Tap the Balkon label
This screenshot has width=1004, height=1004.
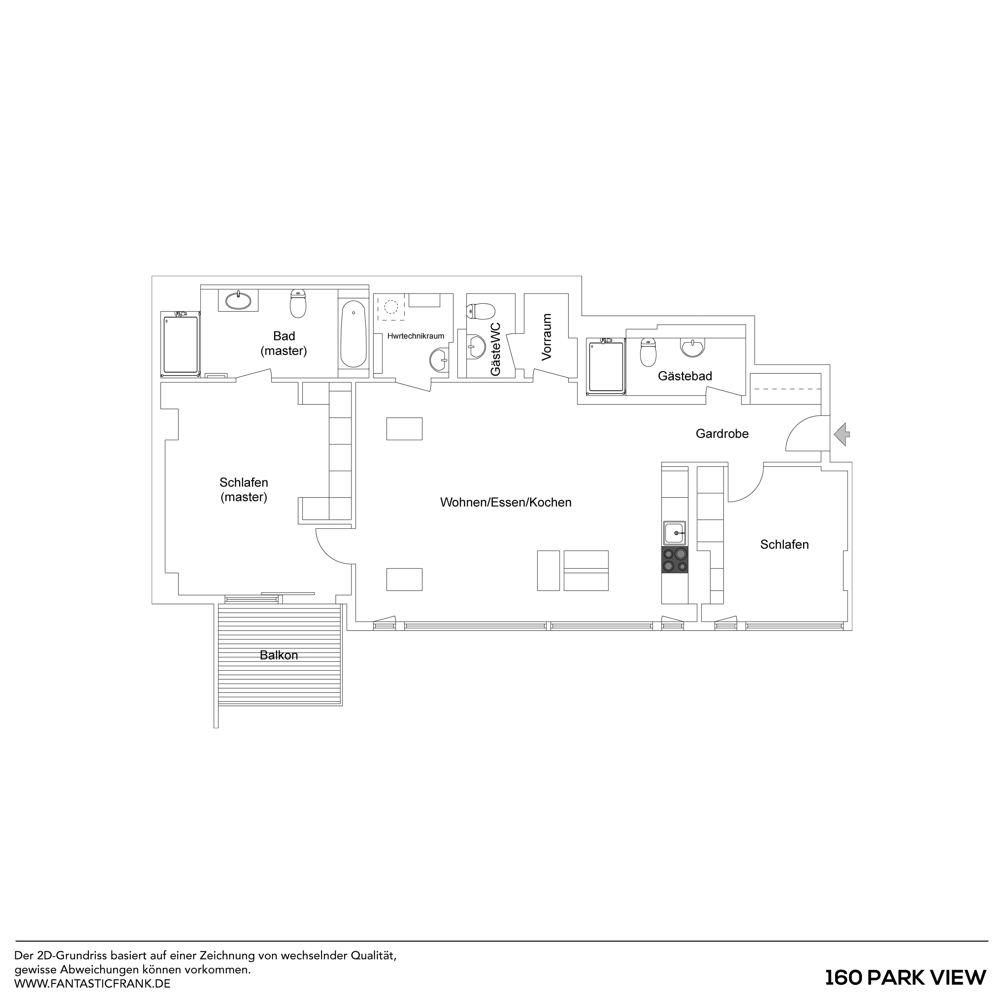279,655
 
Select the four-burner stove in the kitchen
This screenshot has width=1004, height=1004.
674,560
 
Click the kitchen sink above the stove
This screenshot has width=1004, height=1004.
674,533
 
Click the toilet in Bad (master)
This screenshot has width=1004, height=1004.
298,304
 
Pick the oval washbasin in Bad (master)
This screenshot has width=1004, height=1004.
238,300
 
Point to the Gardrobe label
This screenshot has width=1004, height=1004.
722,433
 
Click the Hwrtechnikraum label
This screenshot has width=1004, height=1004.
416,336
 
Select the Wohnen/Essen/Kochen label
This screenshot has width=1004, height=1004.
506,503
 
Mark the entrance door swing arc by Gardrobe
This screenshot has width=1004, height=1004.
800,431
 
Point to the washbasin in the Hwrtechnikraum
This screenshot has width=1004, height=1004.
440,360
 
